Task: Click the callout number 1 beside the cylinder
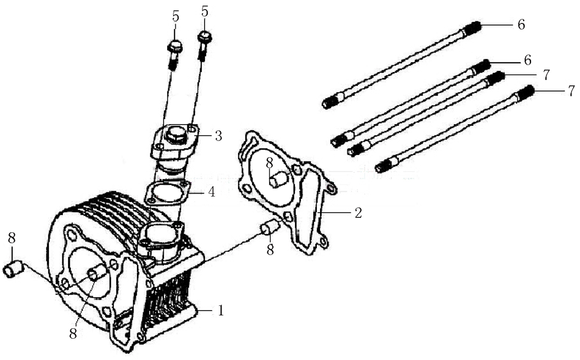tap(221, 310)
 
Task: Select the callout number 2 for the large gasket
tap(358, 212)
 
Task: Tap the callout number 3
tap(218, 136)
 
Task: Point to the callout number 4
tap(211, 192)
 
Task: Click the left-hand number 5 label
tap(176, 17)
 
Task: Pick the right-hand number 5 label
tap(205, 12)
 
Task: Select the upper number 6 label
tap(521, 24)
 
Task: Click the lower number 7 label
tap(571, 91)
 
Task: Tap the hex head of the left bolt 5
tap(175, 47)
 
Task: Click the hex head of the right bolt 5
tap(205, 37)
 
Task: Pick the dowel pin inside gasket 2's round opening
tap(278, 180)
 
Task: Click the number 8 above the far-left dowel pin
tap(12, 239)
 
